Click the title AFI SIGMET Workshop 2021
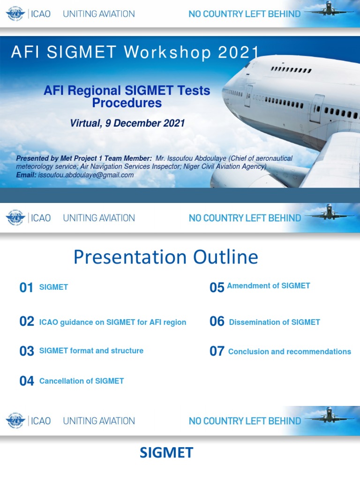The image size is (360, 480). (x=135, y=52)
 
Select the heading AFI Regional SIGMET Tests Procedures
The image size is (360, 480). (x=127, y=96)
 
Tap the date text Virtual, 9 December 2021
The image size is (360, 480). (x=127, y=123)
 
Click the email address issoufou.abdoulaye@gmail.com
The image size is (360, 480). (x=86, y=175)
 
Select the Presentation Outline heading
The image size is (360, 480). (x=166, y=257)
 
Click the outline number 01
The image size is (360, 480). (x=26, y=288)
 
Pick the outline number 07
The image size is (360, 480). (x=217, y=352)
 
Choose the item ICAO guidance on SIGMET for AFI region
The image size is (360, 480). (x=112, y=322)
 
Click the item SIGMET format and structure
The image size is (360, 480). (x=91, y=351)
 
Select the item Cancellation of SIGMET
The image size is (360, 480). (x=82, y=381)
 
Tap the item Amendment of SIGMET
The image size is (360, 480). (x=268, y=285)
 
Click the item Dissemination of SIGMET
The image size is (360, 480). (x=274, y=322)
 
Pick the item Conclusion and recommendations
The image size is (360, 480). (x=289, y=352)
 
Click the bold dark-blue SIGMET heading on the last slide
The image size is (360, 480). (x=166, y=453)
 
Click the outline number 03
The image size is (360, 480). (x=27, y=351)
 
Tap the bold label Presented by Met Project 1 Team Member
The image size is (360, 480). (x=84, y=158)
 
